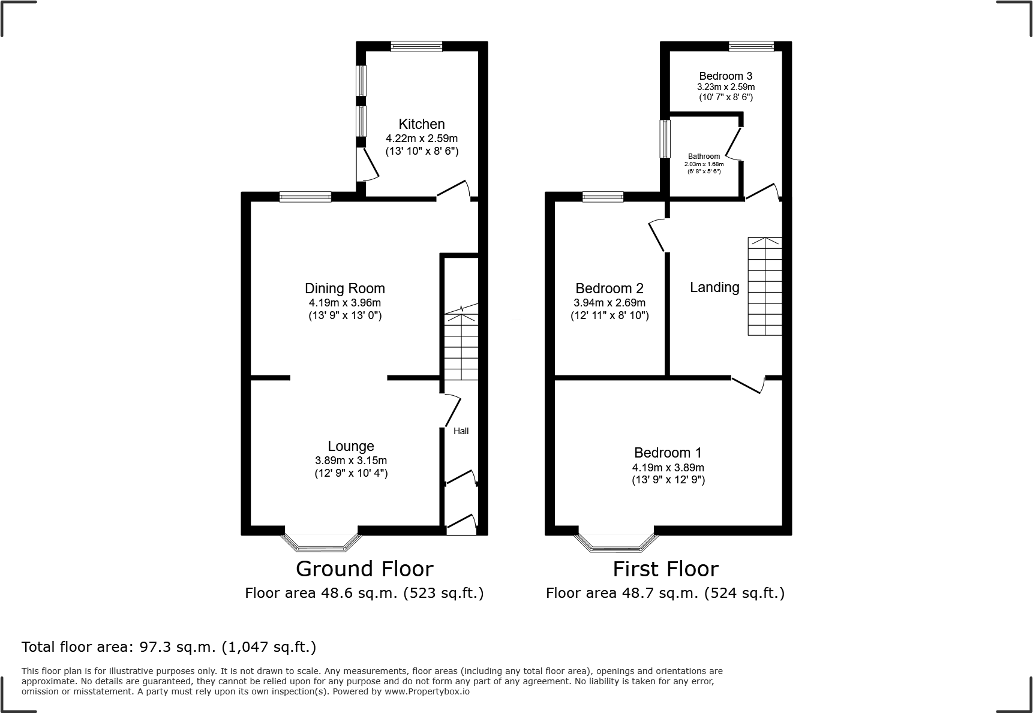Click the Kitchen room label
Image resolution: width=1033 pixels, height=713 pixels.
[422, 124]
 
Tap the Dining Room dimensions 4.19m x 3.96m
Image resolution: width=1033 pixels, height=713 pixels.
[344, 303]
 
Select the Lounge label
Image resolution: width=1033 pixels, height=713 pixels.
[351, 446]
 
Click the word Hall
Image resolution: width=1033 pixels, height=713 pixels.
[461, 431]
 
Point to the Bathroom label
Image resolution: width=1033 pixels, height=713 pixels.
[704, 157]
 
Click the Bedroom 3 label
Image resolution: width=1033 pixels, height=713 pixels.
[725, 76]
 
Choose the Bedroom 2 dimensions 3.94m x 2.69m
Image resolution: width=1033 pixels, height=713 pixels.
[609, 303]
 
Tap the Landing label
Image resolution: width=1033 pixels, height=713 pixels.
[714, 287]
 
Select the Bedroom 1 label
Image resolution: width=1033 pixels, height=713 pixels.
[668, 453]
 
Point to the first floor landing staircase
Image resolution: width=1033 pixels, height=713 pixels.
[765, 286]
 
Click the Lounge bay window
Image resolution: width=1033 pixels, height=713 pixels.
[322, 543]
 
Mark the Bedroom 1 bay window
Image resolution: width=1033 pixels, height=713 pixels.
[616, 543]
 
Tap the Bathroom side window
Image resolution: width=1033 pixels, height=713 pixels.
[665, 139]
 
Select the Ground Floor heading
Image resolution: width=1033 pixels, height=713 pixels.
[364, 568]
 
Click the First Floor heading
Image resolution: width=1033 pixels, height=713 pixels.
[665, 568]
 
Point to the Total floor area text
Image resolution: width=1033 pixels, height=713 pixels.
[169, 647]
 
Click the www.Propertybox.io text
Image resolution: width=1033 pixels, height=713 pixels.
[427, 691]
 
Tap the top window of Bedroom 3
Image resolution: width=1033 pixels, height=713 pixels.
[751, 46]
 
